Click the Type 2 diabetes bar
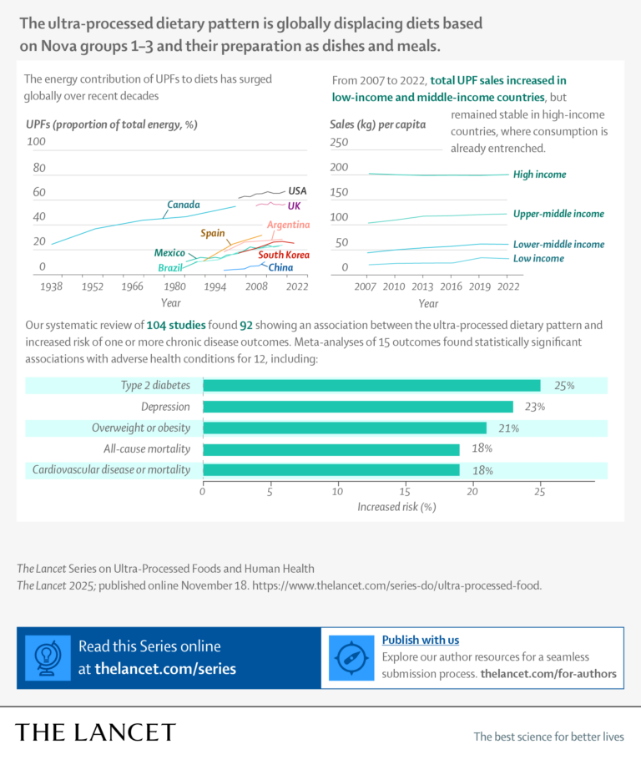371,386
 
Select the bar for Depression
358,407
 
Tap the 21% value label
509,428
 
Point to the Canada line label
183,205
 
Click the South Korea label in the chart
284,255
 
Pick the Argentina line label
288,225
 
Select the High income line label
539,175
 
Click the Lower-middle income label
558,245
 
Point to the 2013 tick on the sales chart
422,286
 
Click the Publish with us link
420,640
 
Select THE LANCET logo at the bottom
96,732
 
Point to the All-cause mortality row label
154,449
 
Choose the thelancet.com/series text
165,668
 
